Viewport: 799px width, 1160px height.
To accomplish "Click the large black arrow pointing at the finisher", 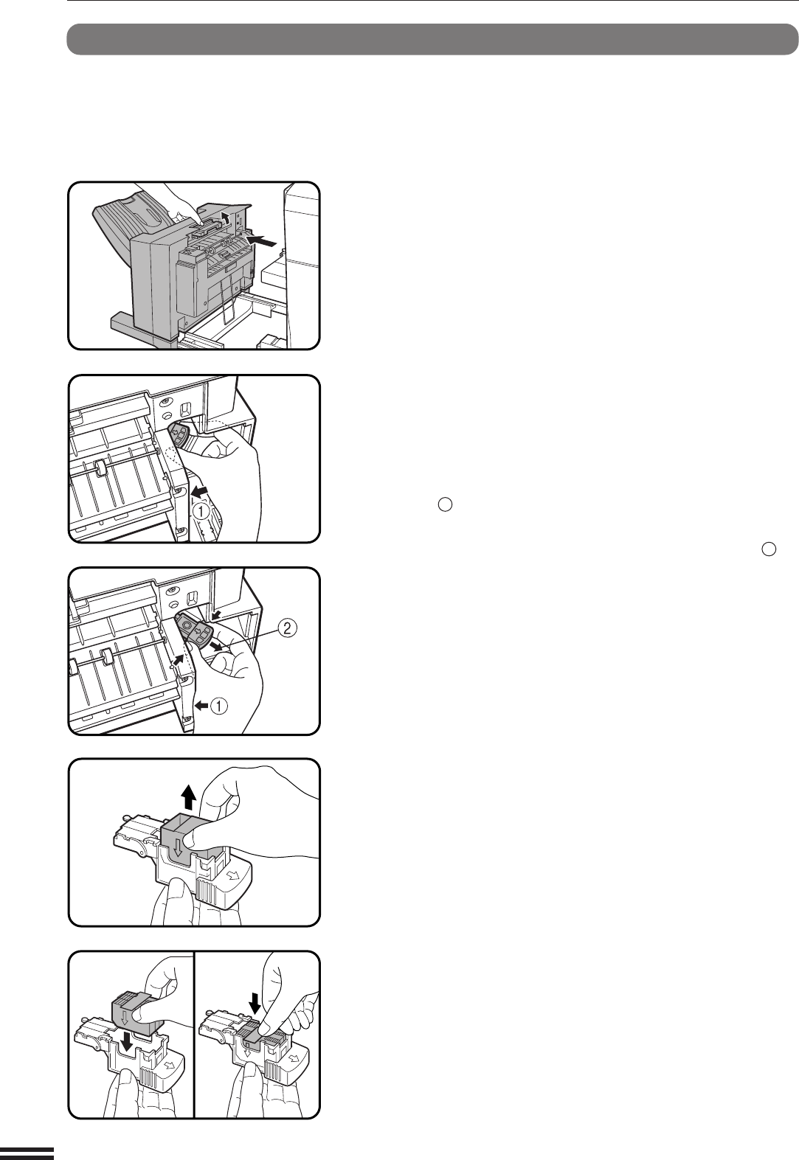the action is coord(262,240).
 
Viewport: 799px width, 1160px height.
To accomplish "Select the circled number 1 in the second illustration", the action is coord(201,512).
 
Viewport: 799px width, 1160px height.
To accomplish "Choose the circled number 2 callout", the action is coord(288,628).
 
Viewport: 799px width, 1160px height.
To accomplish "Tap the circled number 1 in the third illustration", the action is coord(220,706).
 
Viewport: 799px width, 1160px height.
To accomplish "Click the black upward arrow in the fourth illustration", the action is coord(190,797).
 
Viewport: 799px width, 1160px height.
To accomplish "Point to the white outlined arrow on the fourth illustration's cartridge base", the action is coord(232,875).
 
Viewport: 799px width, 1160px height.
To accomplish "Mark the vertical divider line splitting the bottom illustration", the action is coord(194,1034).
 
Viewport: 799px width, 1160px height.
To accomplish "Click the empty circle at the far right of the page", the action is coord(769,549).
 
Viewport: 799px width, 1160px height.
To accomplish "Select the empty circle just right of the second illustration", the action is coord(445,504).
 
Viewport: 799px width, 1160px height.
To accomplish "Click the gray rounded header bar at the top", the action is coord(432,39).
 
